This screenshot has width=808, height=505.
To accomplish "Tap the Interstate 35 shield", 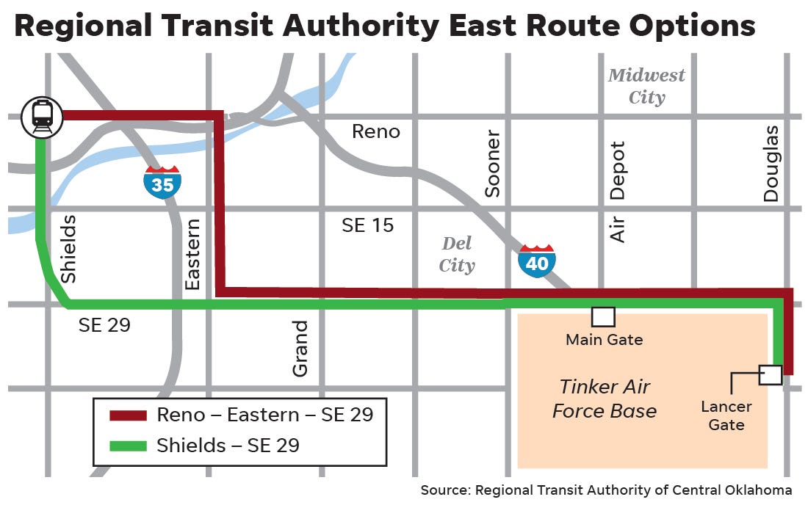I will (162, 182).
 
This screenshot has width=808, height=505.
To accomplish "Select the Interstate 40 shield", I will (537, 261).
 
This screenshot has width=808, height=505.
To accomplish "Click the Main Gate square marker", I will (603, 316).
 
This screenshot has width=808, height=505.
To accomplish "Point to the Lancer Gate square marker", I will (771, 374).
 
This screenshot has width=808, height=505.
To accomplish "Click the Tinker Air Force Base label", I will (604, 399).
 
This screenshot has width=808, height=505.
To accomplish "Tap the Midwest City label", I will (646, 86).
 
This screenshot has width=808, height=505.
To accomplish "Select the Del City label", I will (457, 254).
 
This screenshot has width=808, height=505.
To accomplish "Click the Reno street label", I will (376, 131).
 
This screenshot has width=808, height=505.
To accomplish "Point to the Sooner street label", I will (492, 164).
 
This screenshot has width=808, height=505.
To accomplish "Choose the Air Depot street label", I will (618, 192).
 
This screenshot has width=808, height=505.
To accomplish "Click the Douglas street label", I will (771, 163).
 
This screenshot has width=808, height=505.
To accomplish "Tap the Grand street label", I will (300, 349).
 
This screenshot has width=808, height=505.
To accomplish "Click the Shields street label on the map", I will (68, 249).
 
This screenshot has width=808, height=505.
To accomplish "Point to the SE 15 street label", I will (367, 225).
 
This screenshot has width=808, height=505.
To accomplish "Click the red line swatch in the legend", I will (129, 416).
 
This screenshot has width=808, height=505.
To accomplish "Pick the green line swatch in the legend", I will (129, 446).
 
